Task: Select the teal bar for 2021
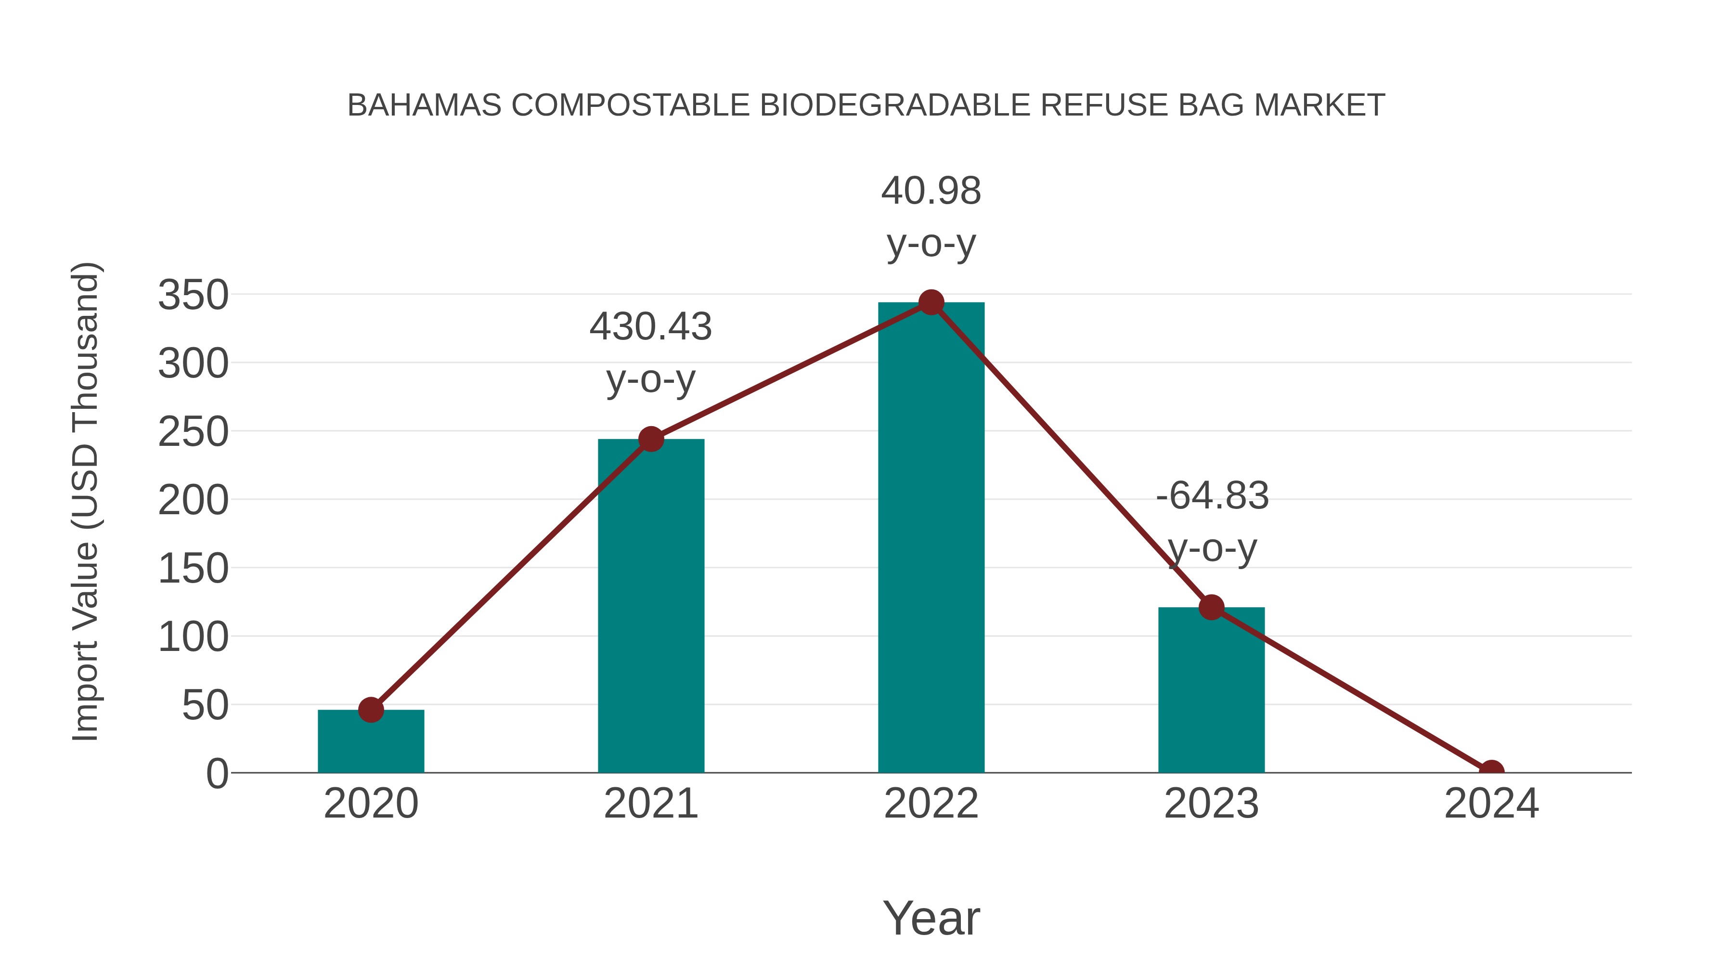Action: [x=650, y=606]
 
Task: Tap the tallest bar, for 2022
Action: [x=931, y=538]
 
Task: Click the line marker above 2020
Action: [x=371, y=709]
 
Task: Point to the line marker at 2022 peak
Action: [x=931, y=303]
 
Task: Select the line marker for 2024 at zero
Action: [x=1491, y=771]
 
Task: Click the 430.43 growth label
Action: [x=650, y=327]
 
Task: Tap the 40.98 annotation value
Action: [x=931, y=191]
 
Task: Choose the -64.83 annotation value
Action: [x=1212, y=496]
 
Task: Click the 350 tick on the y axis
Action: [x=193, y=296]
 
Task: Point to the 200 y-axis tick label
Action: [x=193, y=501]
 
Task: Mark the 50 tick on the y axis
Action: [x=205, y=706]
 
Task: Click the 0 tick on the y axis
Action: [x=217, y=774]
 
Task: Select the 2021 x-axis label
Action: [x=650, y=804]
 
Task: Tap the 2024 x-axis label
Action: [x=1491, y=804]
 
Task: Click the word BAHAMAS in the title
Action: [x=424, y=105]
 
